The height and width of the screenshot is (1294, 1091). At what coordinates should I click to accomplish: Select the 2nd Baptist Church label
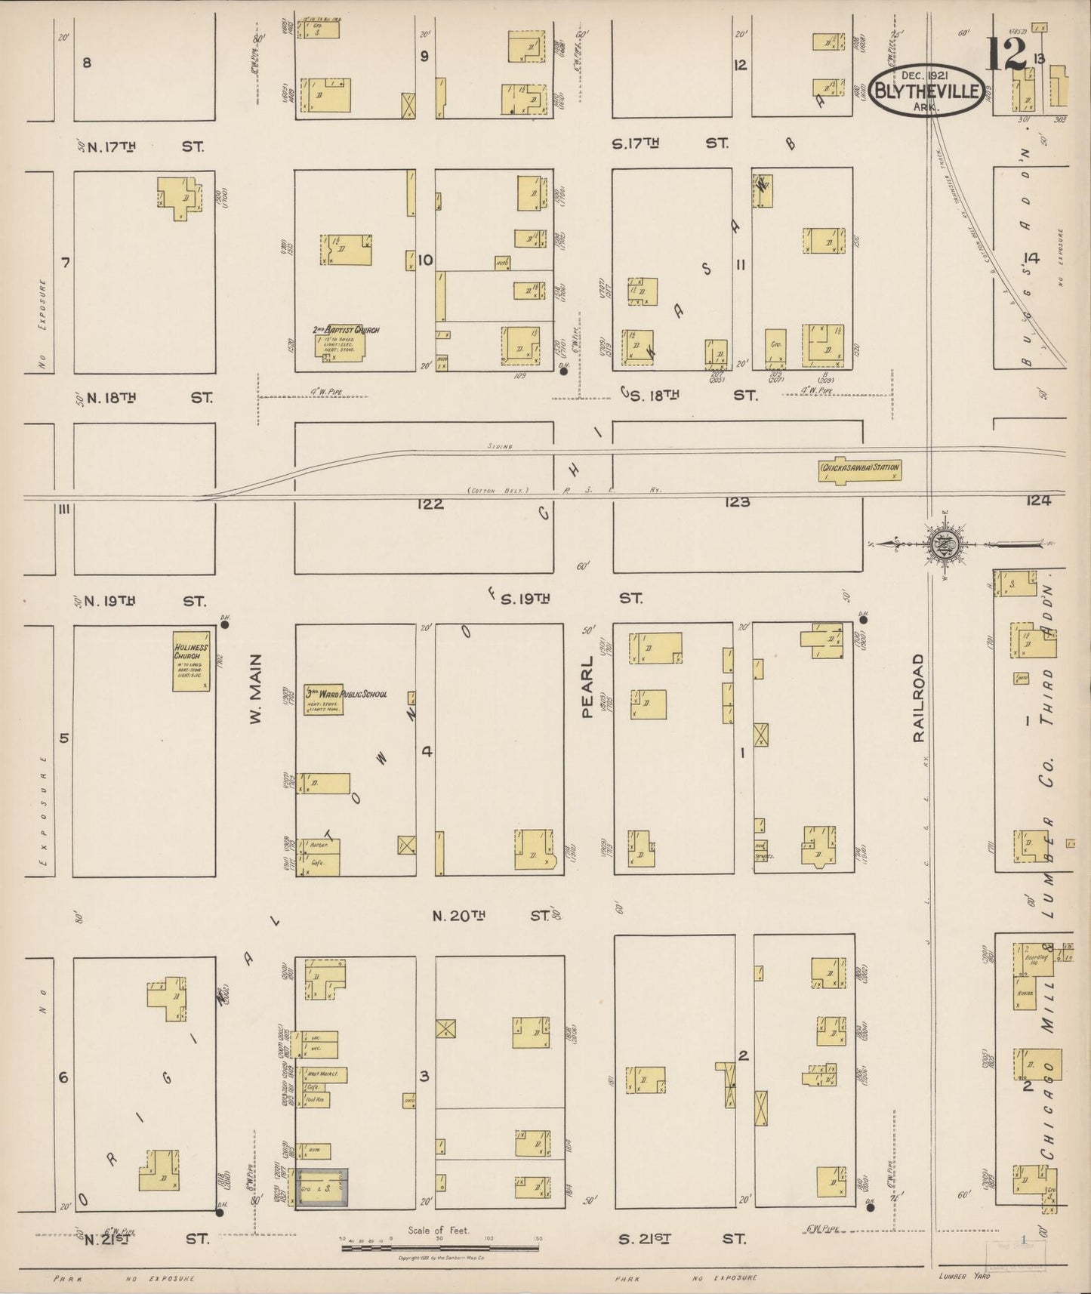pyautogui.click(x=346, y=330)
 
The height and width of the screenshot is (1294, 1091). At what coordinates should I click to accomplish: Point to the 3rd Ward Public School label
pyautogui.click(x=346, y=693)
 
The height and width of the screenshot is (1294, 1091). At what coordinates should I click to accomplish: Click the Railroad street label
pyautogui.click(x=919, y=698)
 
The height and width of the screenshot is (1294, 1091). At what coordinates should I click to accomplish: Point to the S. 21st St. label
pyautogui.click(x=682, y=1239)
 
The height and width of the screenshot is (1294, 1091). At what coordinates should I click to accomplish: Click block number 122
pyautogui.click(x=430, y=504)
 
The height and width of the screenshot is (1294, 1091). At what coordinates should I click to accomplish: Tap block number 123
pyautogui.click(x=736, y=502)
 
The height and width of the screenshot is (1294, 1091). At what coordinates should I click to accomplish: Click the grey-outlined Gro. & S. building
pyautogui.click(x=322, y=1188)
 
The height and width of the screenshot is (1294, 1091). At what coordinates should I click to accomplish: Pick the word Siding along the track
pyautogui.click(x=499, y=447)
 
